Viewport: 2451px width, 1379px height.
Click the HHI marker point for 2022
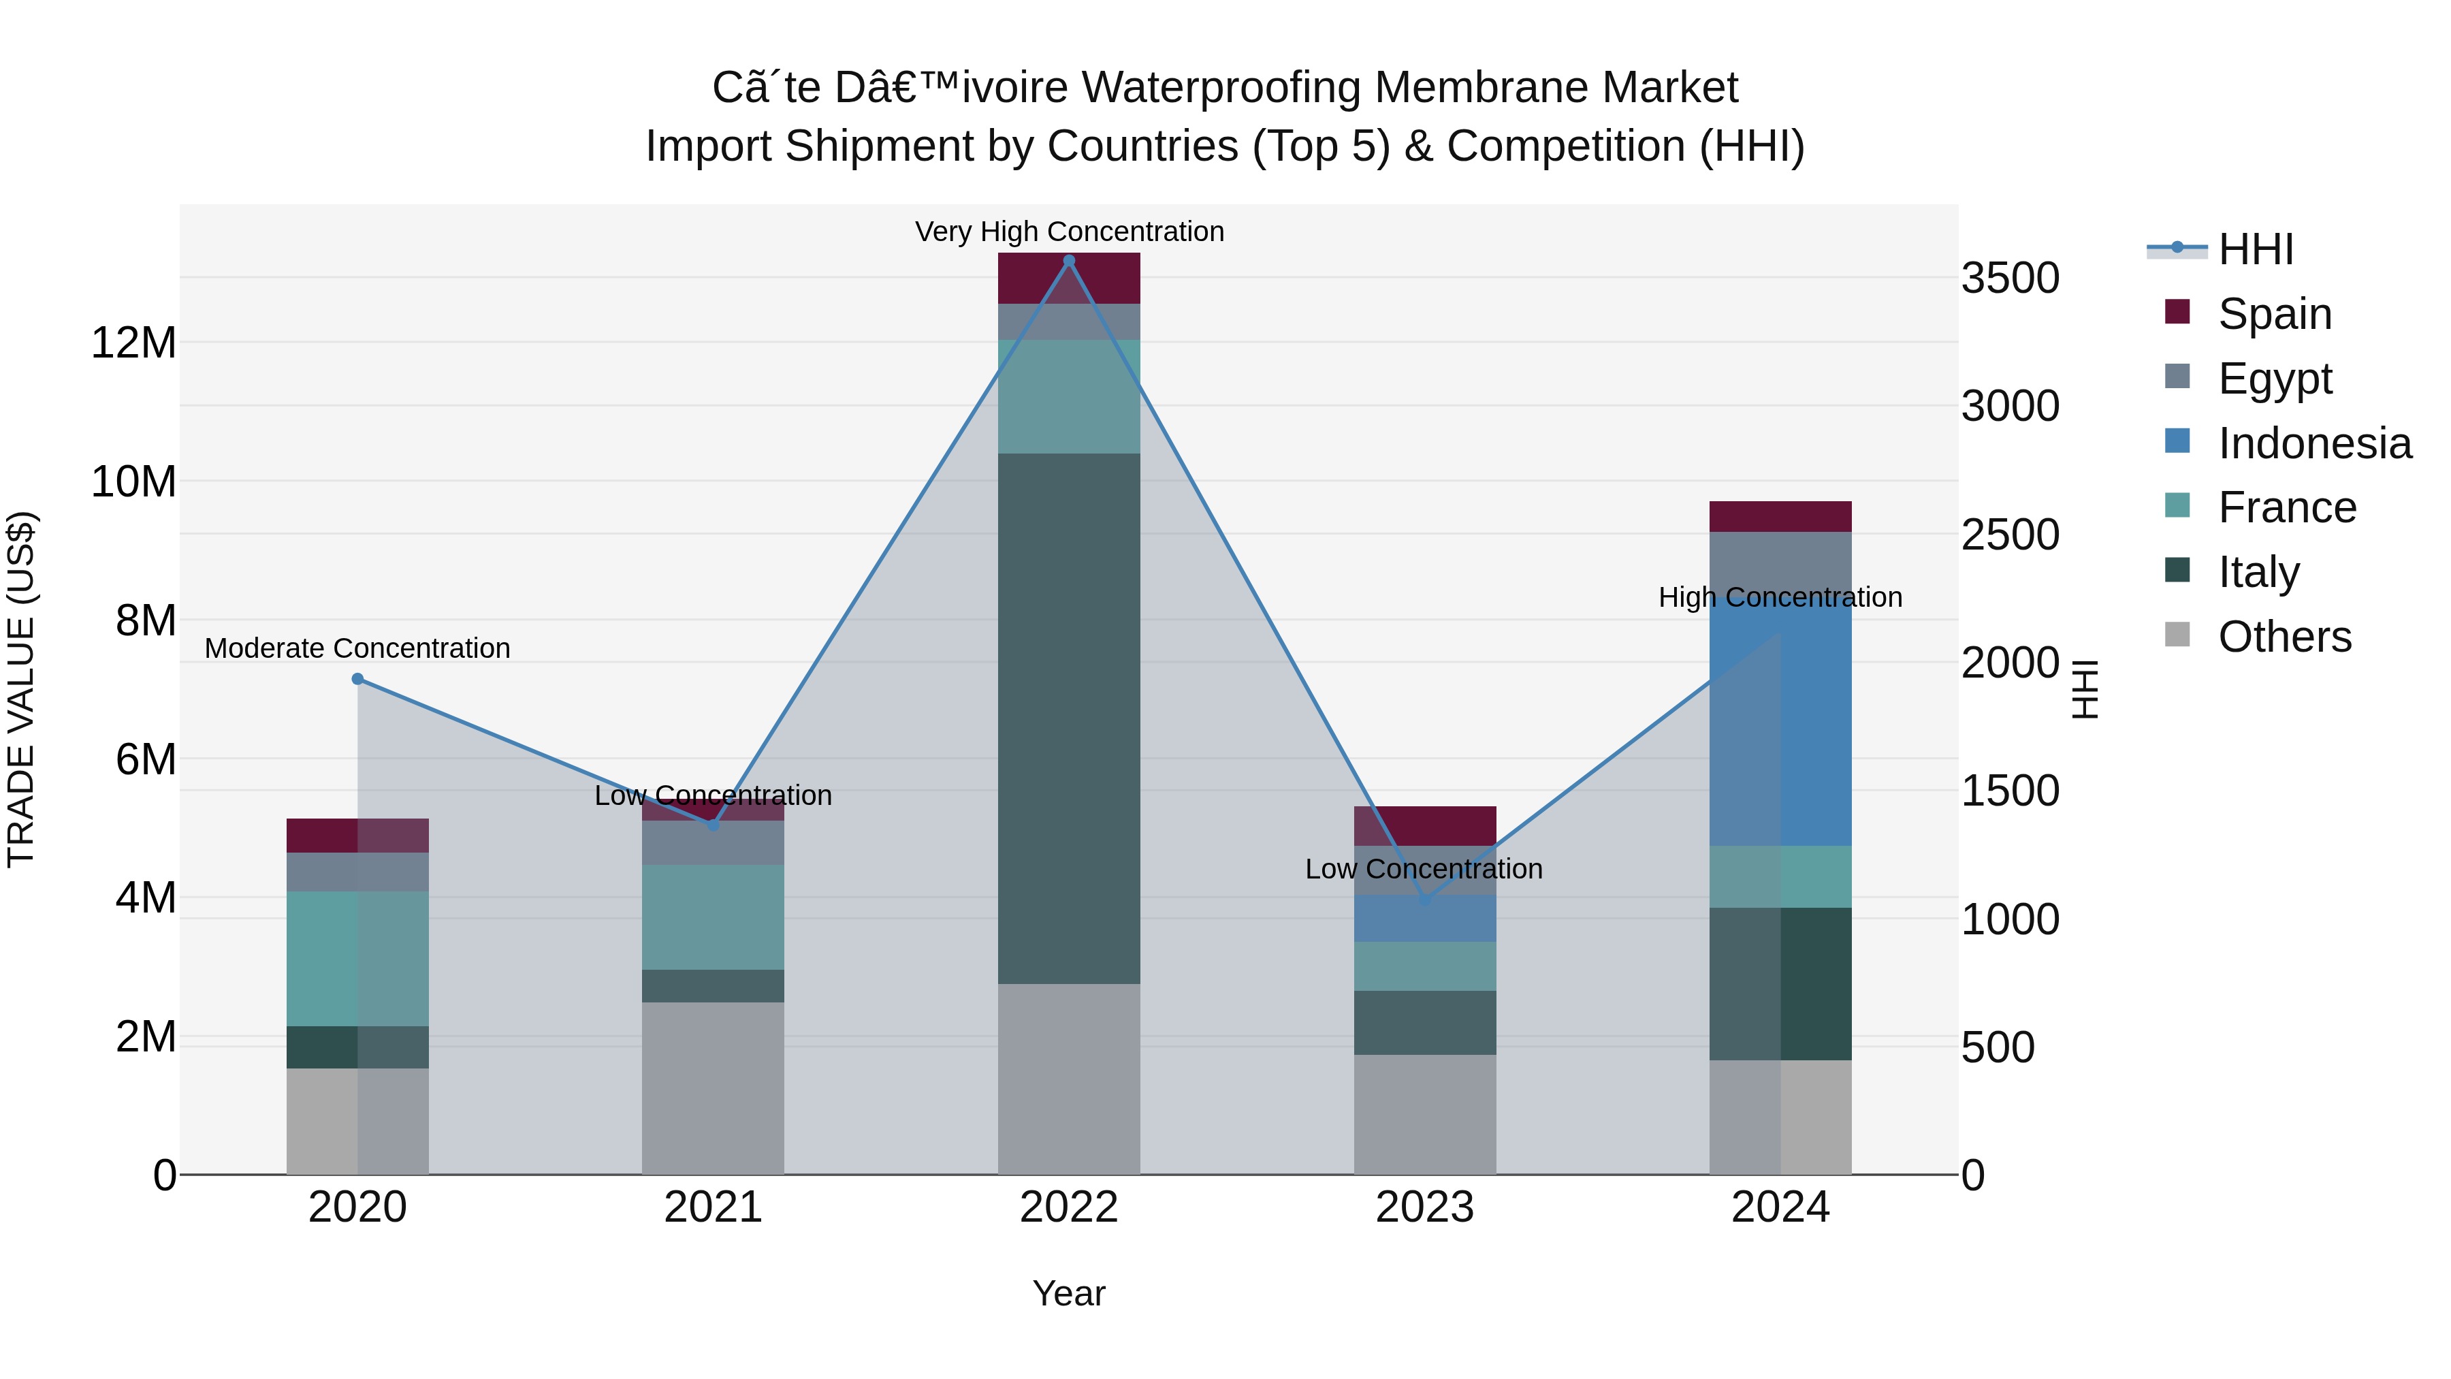pos(1068,261)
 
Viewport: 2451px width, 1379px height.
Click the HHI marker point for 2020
pos(357,678)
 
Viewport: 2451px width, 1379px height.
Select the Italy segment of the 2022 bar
pos(1068,718)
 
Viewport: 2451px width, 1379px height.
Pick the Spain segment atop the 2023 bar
pos(1424,825)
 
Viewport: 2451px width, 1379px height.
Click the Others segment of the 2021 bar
pos(713,1088)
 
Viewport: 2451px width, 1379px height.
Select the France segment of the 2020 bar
pos(357,958)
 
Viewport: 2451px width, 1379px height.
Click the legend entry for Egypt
pos(2274,378)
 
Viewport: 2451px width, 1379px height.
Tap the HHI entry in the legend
pos(2255,249)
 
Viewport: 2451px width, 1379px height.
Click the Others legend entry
pos(2284,637)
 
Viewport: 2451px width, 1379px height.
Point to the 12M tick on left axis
pos(133,343)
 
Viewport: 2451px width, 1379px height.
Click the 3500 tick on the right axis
pos(2010,279)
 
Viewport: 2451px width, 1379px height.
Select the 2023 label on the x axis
pos(1424,1207)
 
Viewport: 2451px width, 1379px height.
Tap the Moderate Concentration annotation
pos(357,648)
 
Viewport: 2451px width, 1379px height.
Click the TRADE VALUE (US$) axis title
pos(21,689)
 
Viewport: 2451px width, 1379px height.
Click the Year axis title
pos(1068,1293)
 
